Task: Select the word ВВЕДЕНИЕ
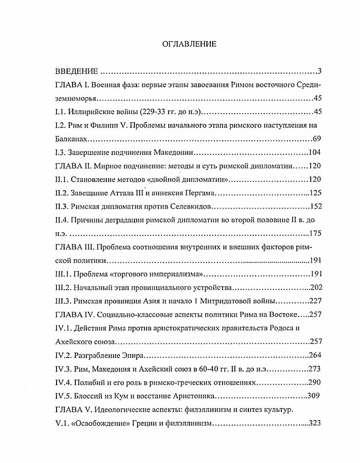tap(76, 72)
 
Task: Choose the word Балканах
tap(70, 139)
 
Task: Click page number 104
tap(314, 153)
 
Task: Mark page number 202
tap(314, 288)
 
